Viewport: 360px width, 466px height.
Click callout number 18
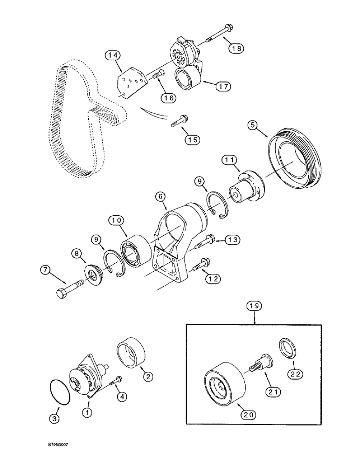236,48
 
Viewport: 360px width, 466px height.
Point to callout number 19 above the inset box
255,306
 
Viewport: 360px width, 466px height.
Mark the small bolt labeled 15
179,119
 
